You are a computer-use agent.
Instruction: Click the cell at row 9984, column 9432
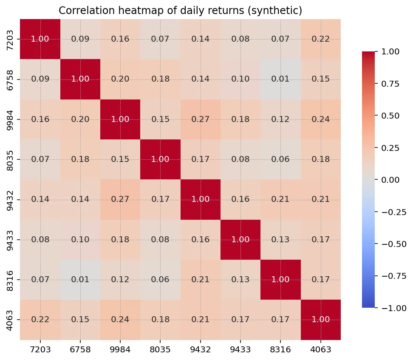pos(201,119)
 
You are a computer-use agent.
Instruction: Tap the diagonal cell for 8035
pos(161,159)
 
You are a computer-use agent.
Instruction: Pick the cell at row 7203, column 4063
pos(320,39)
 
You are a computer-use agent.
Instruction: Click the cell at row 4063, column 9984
pos(120,320)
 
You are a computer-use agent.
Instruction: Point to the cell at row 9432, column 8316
pos(280,199)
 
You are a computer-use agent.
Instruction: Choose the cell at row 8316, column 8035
pos(161,280)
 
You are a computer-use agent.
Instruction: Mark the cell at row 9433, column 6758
pos(80,240)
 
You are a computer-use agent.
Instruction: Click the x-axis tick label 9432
pos(201,350)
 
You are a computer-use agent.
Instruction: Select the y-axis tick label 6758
pos(9,80)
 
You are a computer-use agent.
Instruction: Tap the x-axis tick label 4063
pos(320,350)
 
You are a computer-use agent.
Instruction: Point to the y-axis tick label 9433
pos(9,240)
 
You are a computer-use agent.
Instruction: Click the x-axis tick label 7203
pos(40,350)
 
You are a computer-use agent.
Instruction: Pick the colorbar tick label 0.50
pos(390,116)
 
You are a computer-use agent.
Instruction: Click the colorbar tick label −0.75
pos(394,276)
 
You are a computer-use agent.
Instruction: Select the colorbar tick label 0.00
pos(390,180)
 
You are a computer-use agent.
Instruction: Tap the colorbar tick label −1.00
pos(394,308)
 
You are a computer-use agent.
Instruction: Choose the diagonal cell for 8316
pos(280,280)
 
